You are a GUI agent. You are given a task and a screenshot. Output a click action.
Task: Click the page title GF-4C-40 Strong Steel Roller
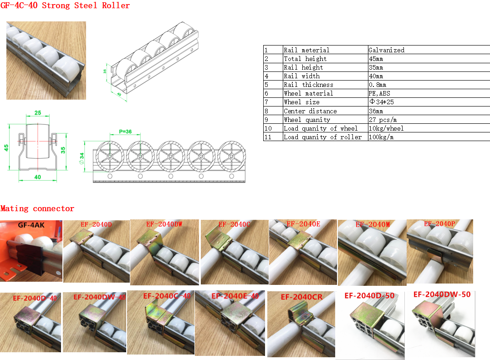65,5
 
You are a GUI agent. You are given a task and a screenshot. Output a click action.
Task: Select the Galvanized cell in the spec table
386,50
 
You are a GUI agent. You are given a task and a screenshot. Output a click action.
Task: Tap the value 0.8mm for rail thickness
377,85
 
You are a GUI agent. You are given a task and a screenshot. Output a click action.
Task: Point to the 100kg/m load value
381,137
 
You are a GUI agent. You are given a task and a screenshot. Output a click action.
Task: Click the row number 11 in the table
267,137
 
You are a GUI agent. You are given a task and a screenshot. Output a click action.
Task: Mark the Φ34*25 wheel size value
381,102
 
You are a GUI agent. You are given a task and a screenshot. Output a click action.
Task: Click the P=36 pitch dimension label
125,132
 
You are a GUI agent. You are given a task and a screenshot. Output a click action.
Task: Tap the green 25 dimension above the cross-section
37,113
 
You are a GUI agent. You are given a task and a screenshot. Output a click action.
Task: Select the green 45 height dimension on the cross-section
6,147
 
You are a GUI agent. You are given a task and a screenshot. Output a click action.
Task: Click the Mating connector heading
37,208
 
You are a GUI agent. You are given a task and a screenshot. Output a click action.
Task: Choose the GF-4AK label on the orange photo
31,225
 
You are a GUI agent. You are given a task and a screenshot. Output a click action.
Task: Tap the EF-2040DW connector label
164,224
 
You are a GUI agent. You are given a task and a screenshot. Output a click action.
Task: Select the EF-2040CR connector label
301,297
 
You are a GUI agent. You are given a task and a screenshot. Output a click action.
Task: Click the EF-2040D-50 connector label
369,295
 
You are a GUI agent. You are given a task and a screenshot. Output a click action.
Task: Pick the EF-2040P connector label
439,223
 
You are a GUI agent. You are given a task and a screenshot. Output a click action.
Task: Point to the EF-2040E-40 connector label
235,296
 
